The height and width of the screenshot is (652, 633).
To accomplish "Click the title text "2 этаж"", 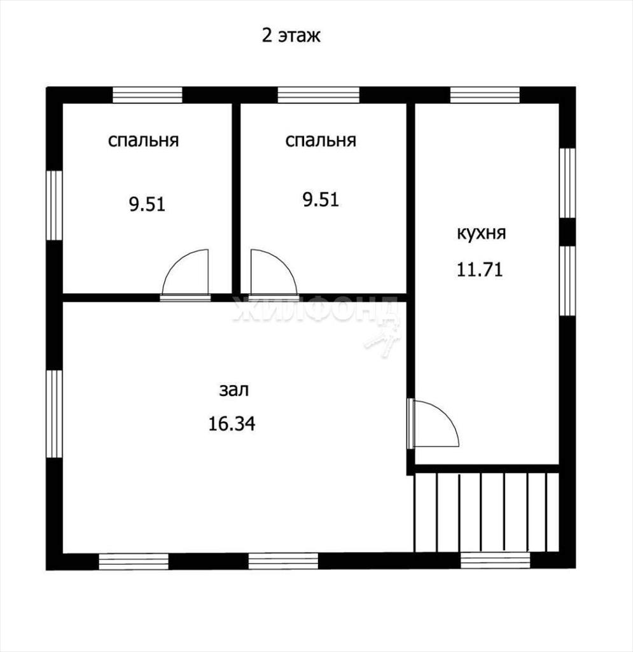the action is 291,36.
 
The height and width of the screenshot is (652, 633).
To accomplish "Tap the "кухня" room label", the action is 482,233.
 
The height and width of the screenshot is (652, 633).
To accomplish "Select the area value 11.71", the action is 480,269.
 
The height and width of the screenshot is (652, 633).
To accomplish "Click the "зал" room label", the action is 234,390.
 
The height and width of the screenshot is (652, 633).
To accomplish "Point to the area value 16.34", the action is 232,423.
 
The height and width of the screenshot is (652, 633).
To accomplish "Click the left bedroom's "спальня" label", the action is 143,141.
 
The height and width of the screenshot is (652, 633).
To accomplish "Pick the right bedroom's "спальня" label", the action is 321,141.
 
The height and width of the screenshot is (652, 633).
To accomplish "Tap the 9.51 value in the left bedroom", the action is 147,204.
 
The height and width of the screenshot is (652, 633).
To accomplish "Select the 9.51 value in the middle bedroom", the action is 321,199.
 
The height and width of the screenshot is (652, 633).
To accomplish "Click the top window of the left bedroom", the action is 148,95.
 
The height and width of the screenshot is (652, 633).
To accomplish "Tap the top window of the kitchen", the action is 485,95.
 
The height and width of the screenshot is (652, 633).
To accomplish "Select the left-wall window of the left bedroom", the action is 54,206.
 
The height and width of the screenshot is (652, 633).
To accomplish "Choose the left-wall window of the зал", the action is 54,414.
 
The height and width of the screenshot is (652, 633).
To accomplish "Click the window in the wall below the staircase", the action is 496,560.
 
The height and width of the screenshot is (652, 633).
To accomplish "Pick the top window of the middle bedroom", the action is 318,95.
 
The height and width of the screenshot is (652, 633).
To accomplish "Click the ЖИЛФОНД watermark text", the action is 316,311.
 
